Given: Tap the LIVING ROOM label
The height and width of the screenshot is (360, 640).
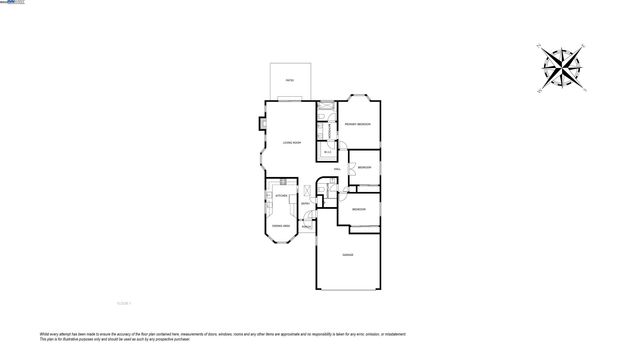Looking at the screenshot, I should [291, 143].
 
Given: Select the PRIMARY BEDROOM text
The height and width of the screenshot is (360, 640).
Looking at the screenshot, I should [358, 124].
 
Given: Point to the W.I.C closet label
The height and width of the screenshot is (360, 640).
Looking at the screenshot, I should [328, 152].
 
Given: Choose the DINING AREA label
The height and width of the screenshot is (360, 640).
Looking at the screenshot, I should [282, 226].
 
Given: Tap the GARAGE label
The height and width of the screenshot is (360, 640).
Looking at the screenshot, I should [348, 256].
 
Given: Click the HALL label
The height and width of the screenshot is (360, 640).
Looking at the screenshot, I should [337, 170].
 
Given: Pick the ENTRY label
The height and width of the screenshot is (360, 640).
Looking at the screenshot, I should [305, 204].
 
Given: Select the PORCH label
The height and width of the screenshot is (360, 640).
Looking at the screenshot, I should [308, 226].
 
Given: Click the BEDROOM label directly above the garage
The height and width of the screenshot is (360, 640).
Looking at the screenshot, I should [358, 209].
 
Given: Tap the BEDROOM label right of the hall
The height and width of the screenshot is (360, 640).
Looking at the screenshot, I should [365, 167].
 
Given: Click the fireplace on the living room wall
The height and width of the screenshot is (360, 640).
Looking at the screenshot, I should [260, 125].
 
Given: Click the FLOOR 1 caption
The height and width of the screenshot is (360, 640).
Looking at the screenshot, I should [125, 301].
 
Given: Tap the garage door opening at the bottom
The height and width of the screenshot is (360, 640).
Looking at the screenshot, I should [348, 288].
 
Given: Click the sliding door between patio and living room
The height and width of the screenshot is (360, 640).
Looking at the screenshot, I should [288, 99].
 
